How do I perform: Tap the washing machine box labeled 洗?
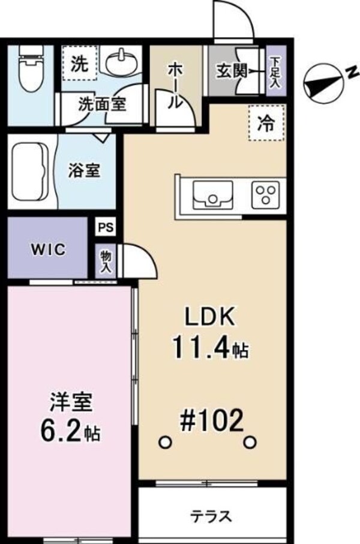point(79,63)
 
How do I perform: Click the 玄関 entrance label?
point(232,70)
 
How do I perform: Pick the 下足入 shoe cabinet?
point(275,70)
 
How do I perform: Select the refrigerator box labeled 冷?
point(265,124)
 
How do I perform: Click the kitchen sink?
point(212,196)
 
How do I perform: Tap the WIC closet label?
point(48,250)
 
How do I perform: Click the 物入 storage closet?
point(106,262)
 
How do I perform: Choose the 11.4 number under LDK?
point(202,346)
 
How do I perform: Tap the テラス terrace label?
point(212,516)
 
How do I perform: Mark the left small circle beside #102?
point(164,442)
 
